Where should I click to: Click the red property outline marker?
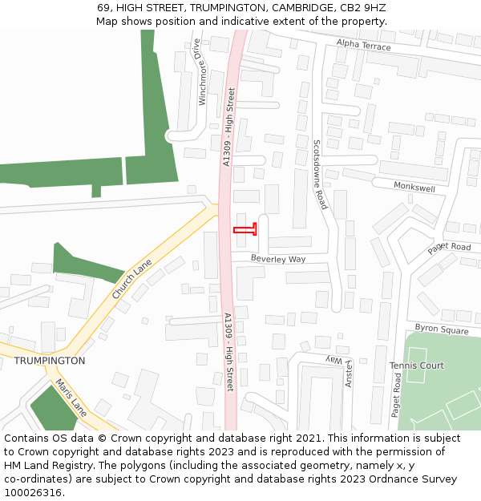click(245, 231)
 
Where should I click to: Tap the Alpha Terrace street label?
click(364, 46)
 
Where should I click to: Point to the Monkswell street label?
click(414, 186)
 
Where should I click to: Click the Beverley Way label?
click(278, 259)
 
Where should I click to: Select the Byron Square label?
click(442, 329)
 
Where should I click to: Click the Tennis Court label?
click(417, 366)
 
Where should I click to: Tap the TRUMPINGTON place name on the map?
click(49, 361)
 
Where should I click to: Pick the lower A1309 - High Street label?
click(228, 351)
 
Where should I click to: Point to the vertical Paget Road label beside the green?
click(396, 393)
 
